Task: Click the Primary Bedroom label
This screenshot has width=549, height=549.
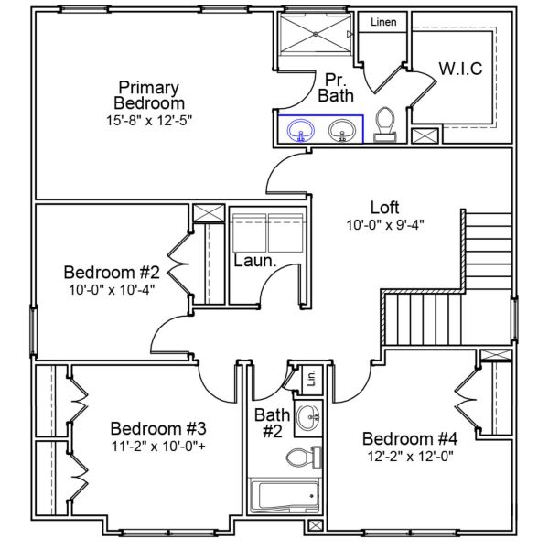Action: point(149,94)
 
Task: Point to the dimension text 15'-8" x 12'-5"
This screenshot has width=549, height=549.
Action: point(149,119)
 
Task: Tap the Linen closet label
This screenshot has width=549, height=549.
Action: point(382,22)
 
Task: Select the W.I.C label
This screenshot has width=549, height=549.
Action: point(459,69)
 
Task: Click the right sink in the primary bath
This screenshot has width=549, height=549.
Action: point(343,132)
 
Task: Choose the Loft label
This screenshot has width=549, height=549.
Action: point(384,207)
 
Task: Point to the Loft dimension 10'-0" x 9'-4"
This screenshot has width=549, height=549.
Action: point(384,224)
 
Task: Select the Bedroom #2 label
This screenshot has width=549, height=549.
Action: point(112,272)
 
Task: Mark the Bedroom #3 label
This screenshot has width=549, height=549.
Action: point(158,428)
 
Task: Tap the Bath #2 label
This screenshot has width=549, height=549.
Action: point(272,423)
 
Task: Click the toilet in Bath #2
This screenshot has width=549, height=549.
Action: point(301,456)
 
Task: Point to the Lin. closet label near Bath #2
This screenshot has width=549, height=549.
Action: point(310,378)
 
